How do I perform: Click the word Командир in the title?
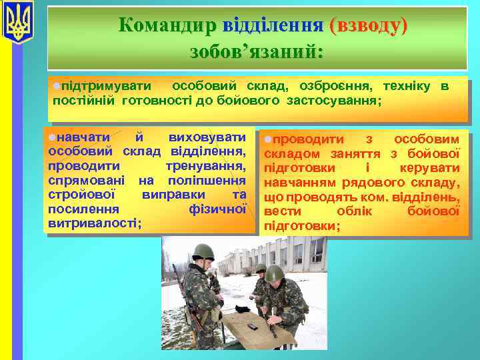(x=167, y=25)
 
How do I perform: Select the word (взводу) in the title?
(x=367, y=25)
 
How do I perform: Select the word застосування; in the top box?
(x=334, y=101)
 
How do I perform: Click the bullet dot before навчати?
(x=52, y=137)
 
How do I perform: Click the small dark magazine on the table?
(x=253, y=326)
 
